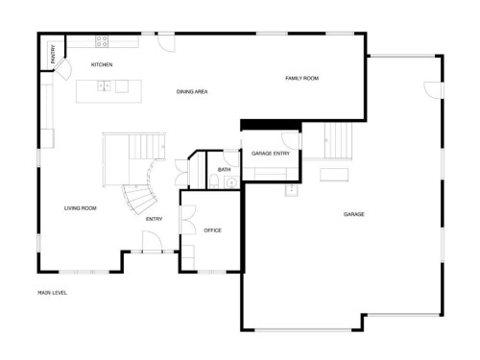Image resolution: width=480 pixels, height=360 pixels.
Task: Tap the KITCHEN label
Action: tap(102, 64)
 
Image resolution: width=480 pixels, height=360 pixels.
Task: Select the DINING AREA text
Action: tap(192, 92)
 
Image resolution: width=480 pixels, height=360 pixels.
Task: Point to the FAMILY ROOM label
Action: tap(301, 78)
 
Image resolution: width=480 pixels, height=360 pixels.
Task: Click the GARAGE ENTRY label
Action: tap(271, 154)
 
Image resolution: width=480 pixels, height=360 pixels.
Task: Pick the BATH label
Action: tap(224, 170)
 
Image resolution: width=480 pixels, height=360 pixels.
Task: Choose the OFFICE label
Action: tap(213, 230)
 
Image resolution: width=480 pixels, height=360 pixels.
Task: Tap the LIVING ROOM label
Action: tap(80, 208)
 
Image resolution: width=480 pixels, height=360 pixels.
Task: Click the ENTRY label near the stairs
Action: tap(154, 219)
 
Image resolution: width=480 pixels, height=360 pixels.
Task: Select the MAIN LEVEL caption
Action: tap(52, 293)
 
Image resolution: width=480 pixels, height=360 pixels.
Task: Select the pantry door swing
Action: tap(62, 66)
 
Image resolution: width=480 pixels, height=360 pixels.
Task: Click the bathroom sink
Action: tap(218, 181)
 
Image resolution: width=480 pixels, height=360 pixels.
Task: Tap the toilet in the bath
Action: tap(229, 156)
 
